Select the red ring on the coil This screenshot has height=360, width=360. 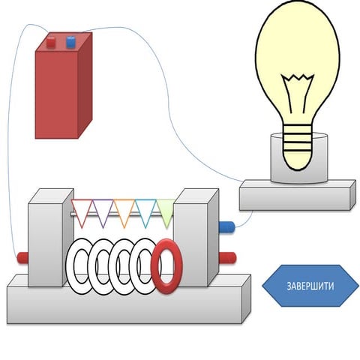tap(166, 265)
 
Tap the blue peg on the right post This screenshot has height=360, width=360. tap(226, 225)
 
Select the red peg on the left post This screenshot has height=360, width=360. tap(22, 258)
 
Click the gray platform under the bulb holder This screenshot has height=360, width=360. tap(296, 196)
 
